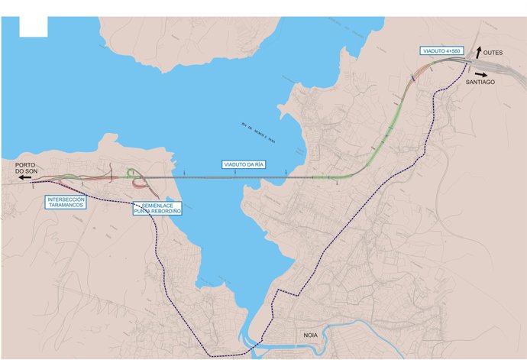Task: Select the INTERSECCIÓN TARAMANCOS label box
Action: click(x=66, y=203)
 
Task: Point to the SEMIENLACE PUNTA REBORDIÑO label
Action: click(x=157, y=208)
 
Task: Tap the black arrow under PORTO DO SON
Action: click(x=26, y=177)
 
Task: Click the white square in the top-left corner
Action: click(x=34, y=26)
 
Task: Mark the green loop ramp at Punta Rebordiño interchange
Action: click(x=132, y=173)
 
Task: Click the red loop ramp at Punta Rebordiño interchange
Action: click(x=140, y=183)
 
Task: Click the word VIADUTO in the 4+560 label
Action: click(x=435, y=50)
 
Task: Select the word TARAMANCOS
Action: click(x=66, y=206)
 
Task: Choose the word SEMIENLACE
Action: click(x=157, y=205)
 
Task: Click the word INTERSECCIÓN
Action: click(x=66, y=199)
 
